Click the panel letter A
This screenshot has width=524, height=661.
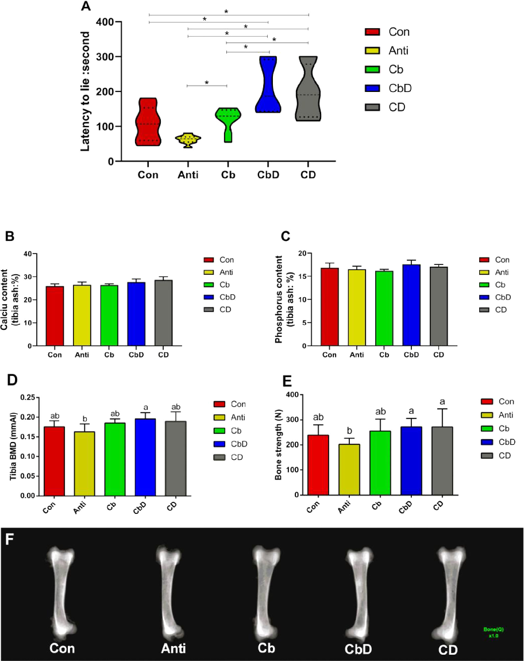(x=86, y=7)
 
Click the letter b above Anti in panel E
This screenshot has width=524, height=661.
(x=349, y=431)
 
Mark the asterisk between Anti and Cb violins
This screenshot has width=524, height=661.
(x=207, y=83)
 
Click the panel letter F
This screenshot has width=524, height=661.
(x=9, y=540)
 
